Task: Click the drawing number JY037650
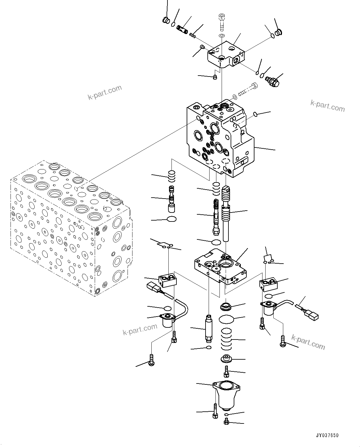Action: click(x=328, y=435)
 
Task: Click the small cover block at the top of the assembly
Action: click(x=226, y=54)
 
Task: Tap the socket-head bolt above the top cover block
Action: click(x=222, y=22)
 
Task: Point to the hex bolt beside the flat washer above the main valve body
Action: click(x=248, y=90)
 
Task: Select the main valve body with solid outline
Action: click(x=220, y=139)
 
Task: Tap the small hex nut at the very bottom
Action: click(x=227, y=422)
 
